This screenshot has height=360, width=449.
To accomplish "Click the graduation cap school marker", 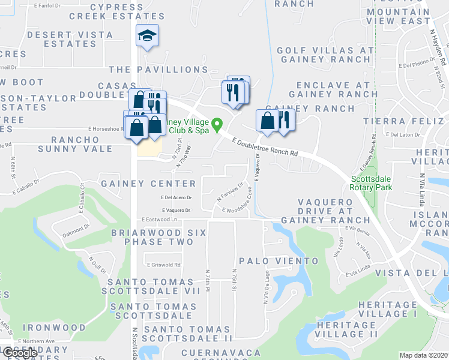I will (147, 37).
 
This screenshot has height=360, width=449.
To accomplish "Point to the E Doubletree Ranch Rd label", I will (265, 146).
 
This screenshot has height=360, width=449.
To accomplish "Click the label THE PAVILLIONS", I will (153, 70).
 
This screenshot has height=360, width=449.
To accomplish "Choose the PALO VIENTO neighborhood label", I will (279, 261).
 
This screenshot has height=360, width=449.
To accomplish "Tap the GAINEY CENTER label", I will (148, 183).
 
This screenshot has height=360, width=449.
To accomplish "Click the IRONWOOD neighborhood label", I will (55, 328).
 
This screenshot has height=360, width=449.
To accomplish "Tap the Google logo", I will (20, 353).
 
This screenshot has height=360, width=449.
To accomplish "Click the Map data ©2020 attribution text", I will (423, 355).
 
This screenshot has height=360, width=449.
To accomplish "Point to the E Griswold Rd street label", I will (163, 264).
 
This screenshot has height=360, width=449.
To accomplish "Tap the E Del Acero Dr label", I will (176, 197).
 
